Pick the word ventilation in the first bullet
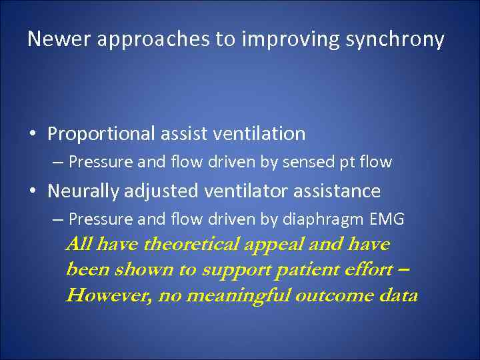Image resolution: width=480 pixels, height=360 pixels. point(259,134)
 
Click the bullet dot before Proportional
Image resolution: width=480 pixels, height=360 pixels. point(33,135)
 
